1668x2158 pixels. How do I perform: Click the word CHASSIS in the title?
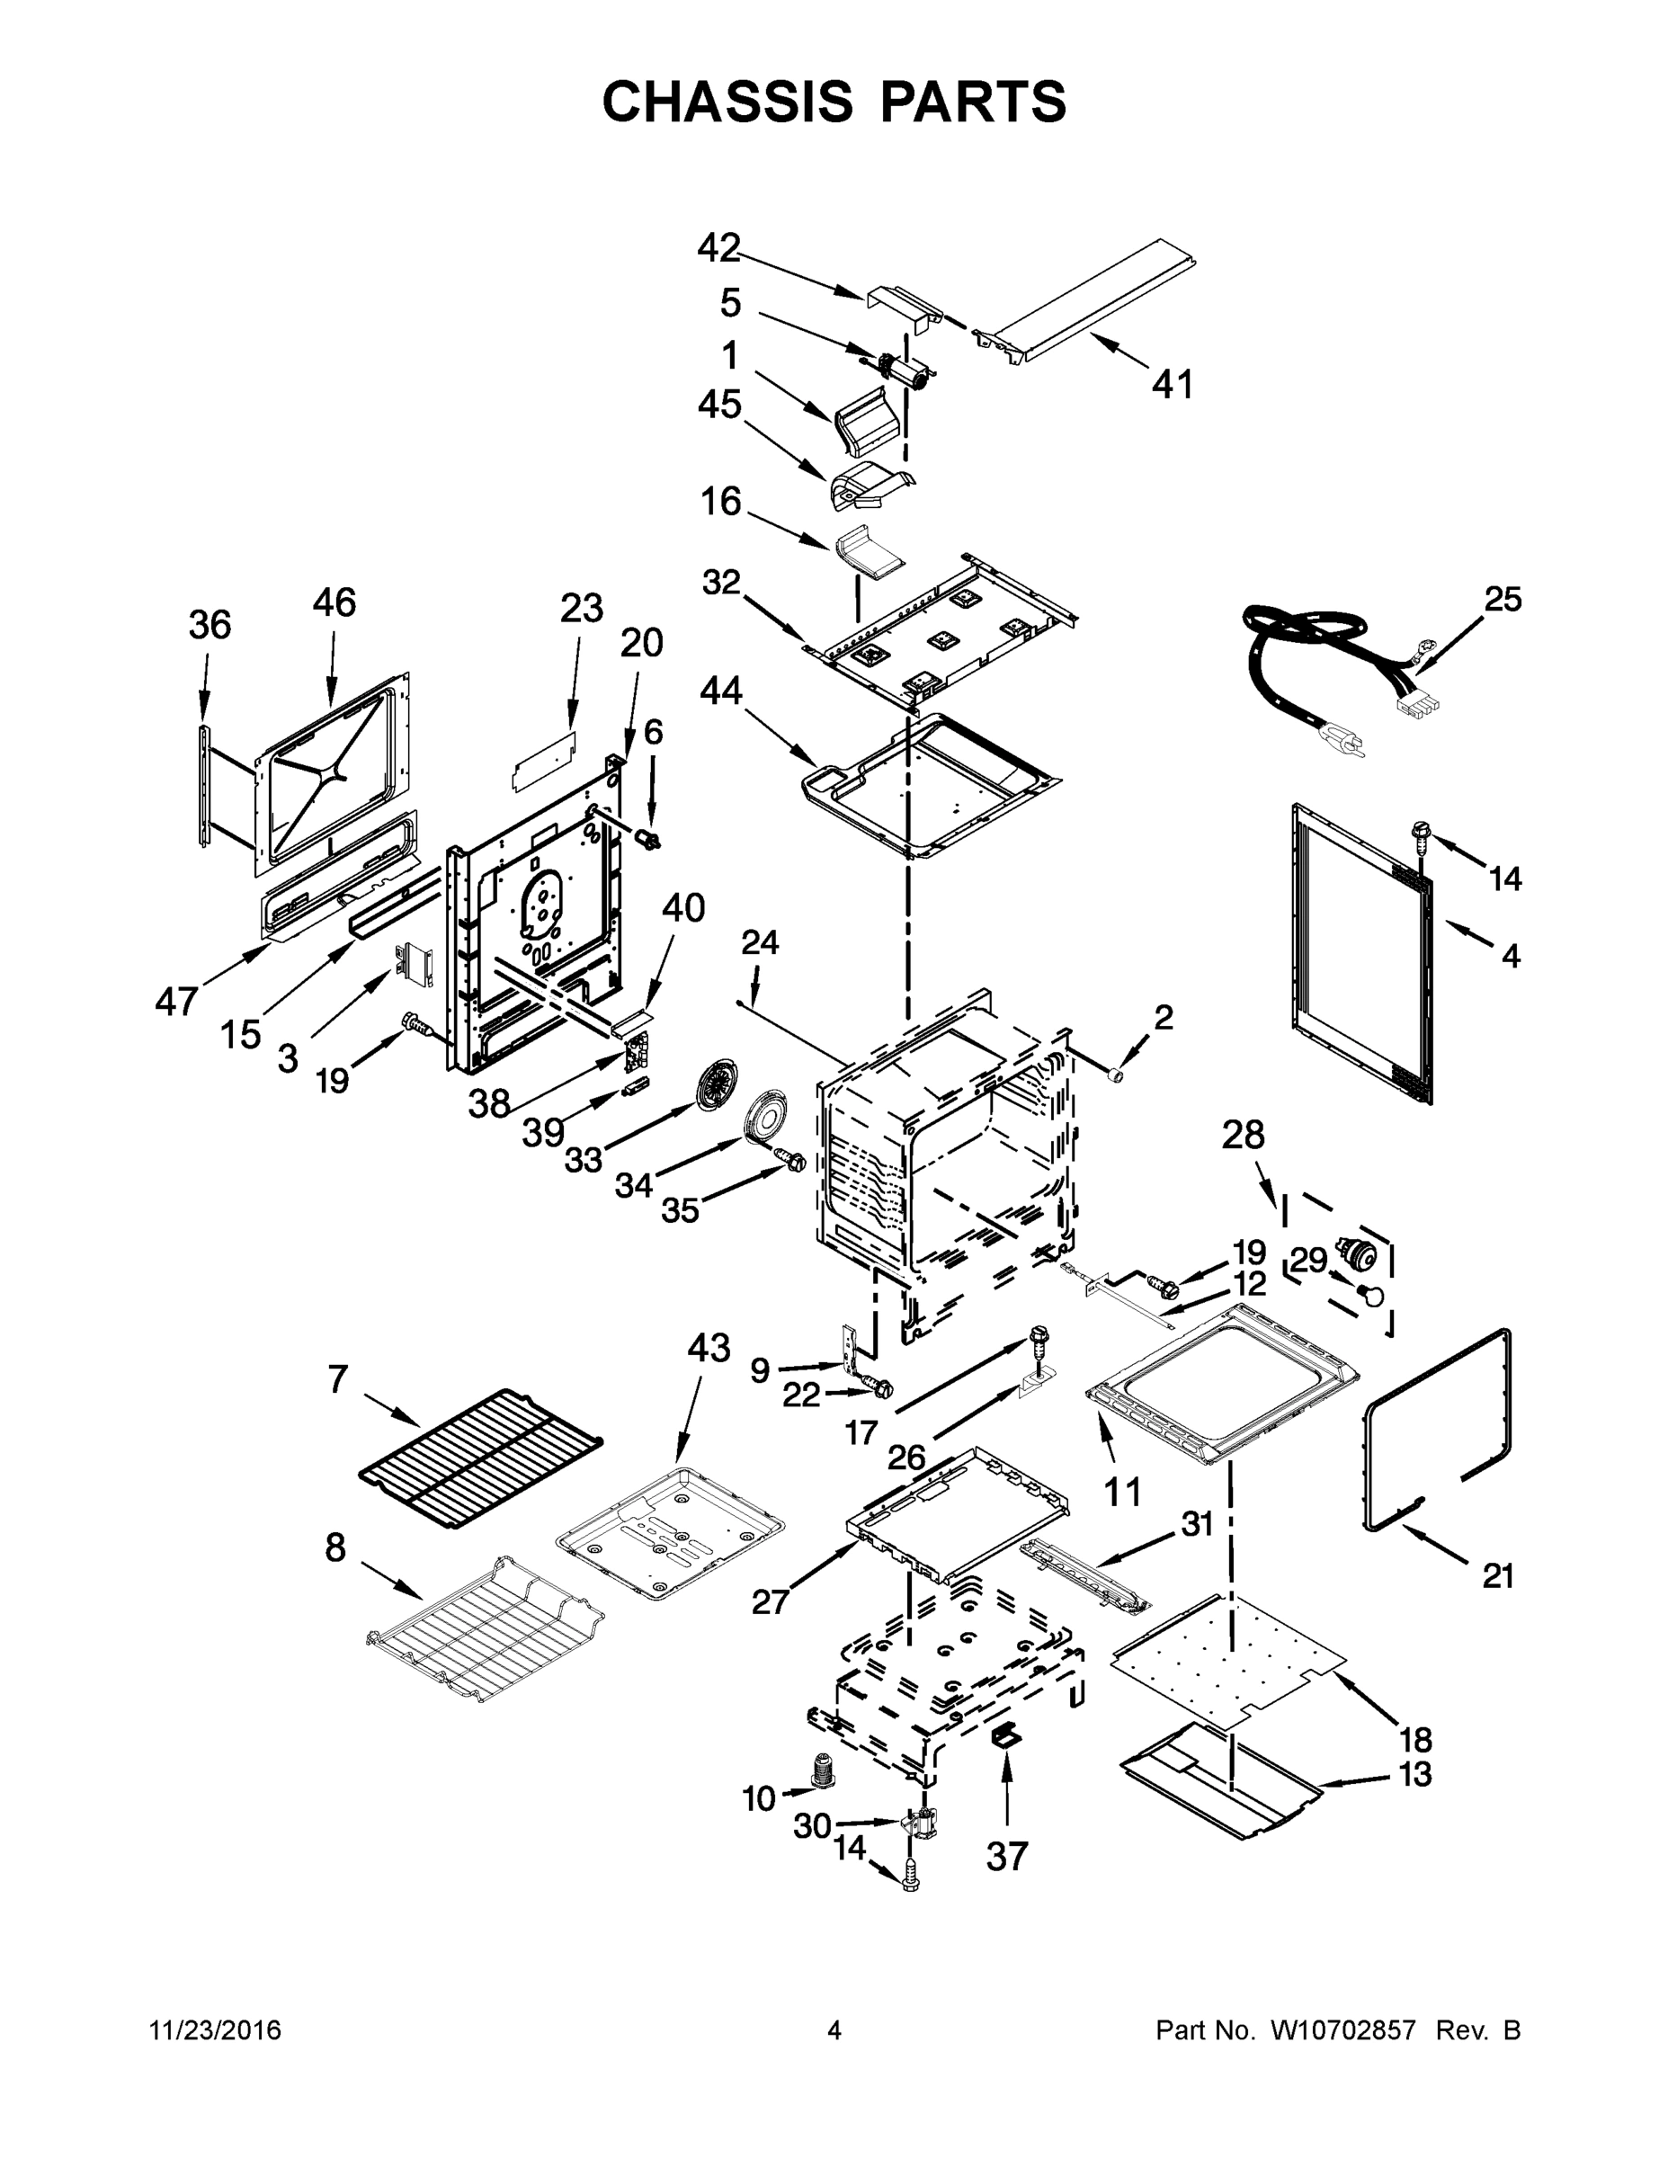[x=727, y=101]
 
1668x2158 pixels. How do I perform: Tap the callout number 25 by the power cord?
[x=1502, y=599]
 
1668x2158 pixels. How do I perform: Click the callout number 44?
[x=720, y=691]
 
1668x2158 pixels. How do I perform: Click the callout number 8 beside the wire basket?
[x=336, y=1548]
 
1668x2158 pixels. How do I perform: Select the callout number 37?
[x=1007, y=1856]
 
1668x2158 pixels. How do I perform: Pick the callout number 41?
[x=1173, y=383]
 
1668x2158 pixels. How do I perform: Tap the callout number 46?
[x=334, y=602]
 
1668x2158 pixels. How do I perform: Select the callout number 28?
[x=1242, y=1136]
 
